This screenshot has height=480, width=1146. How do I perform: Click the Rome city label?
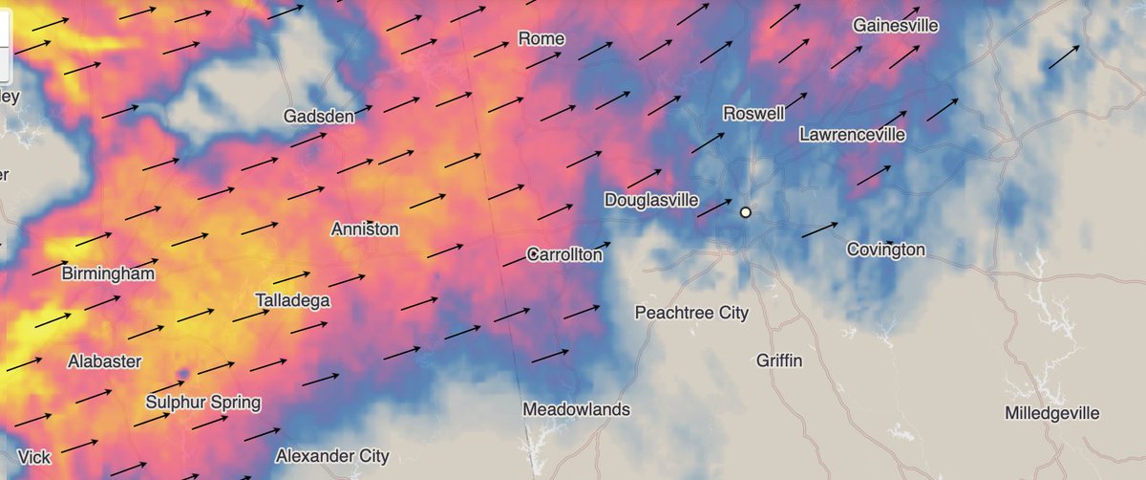click(541, 38)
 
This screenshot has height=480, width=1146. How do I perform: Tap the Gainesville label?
click(896, 25)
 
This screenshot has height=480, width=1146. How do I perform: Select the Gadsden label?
click(319, 117)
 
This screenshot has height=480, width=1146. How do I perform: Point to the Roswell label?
click(753, 113)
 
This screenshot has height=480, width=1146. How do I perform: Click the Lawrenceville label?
click(852, 135)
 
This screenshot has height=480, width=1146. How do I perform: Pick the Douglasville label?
click(651, 201)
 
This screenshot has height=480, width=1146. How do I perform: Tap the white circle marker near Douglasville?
click(745, 212)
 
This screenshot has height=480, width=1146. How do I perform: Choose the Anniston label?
click(365, 229)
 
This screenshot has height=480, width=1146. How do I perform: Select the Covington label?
click(885, 250)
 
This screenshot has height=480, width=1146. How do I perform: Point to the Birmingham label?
click(108, 274)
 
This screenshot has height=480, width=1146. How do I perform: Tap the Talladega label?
click(293, 300)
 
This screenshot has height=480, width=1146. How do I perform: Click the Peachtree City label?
click(691, 313)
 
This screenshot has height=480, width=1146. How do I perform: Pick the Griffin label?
click(779, 360)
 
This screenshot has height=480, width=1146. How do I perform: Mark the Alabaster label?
click(105, 362)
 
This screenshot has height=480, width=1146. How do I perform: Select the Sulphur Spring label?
click(203, 402)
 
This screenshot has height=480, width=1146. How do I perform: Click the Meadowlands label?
click(576, 409)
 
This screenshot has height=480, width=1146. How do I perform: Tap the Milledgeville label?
click(1052, 413)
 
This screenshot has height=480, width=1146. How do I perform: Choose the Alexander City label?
click(331, 455)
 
